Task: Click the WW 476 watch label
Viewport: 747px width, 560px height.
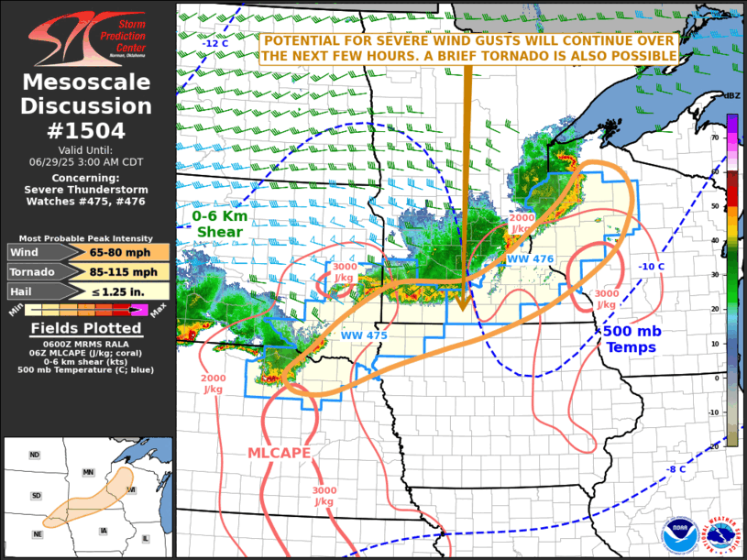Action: click(x=530, y=259)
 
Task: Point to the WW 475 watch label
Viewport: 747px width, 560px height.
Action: click(x=365, y=335)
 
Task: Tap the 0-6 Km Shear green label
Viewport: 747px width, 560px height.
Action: click(x=220, y=224)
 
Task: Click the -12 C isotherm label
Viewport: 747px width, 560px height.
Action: click(x=215, y=43)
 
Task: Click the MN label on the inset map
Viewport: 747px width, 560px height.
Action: click(x=88, y=472)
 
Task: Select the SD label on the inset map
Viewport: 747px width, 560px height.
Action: click(x=35, y=496)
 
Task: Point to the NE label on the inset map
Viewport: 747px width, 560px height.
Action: click(x=37, y=534)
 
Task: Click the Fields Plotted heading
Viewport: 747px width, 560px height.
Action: click(x=87, y=328)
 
